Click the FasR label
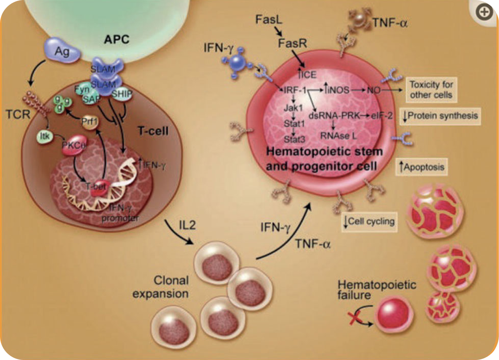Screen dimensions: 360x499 click(293, 44)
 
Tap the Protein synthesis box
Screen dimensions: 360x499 click(441, 116)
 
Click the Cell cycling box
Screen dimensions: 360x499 click(369, 221)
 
